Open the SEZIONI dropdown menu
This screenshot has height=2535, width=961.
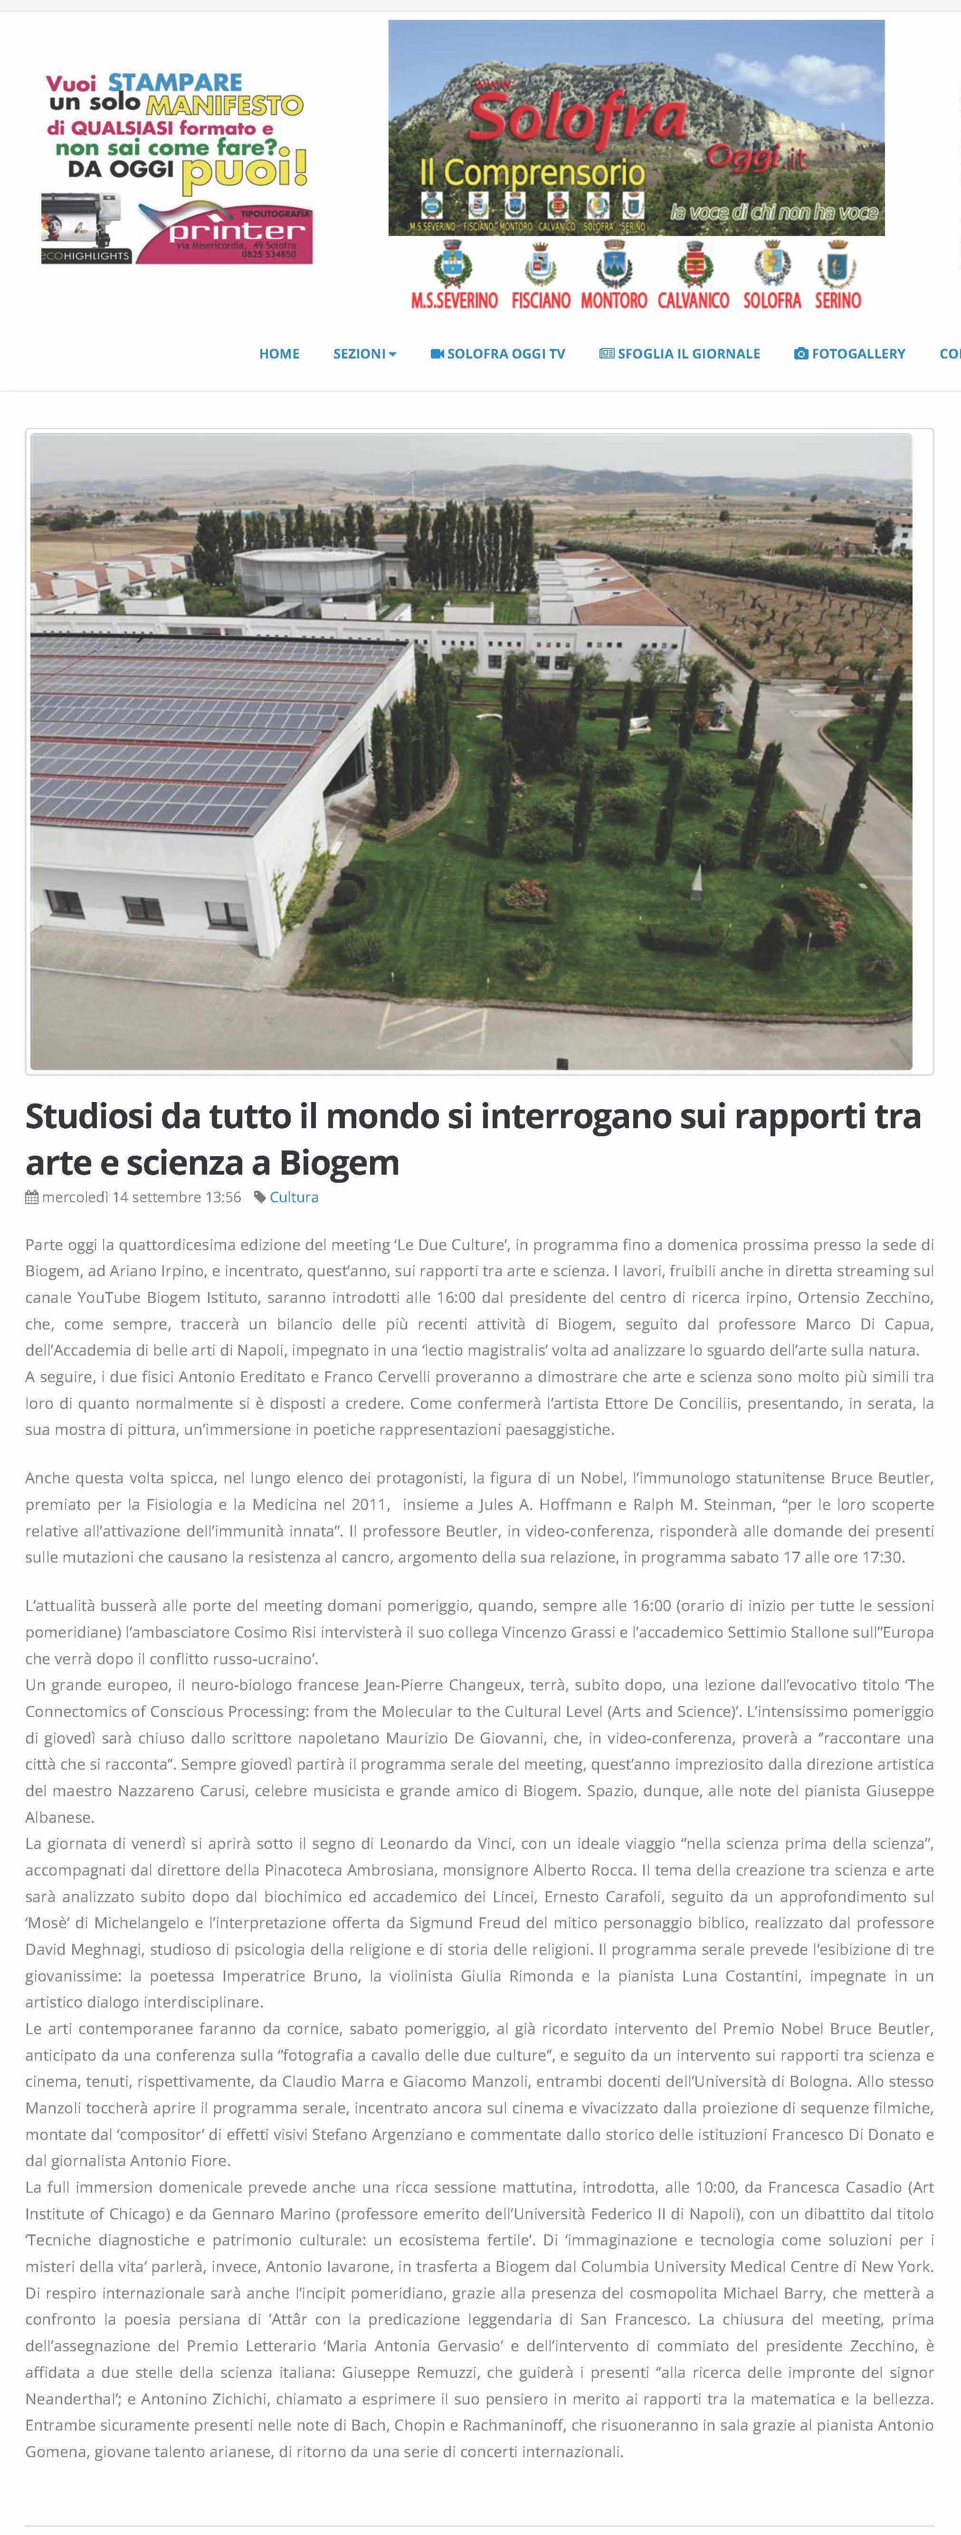click(x=364, y=353)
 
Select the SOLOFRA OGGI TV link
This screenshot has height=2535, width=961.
click(x=498, y=353)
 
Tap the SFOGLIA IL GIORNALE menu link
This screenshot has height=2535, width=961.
click(x=679, y=353)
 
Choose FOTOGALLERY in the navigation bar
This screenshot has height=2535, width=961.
click(x=850, y=353)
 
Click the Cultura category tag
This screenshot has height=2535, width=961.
click(x=294, y=1197)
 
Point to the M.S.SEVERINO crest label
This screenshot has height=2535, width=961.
click(x=454, y=300)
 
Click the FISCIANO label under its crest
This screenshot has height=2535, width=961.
click(x=541, y=300)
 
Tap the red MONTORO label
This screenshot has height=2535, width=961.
click(x=613, y=300)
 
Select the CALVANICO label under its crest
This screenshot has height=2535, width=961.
click(x=693, y=300)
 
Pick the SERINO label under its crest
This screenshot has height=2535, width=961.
click(x=838, y=300)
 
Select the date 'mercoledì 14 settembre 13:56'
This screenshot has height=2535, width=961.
click(x=141, y=1197)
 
